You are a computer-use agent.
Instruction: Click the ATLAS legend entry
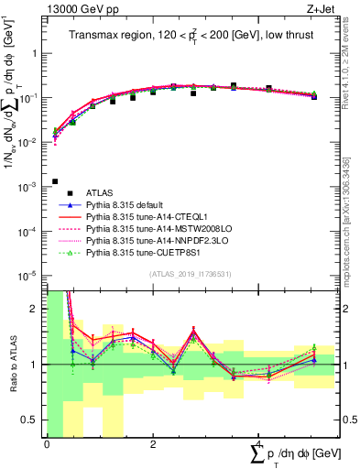pyautogui.click(x=100, y=191)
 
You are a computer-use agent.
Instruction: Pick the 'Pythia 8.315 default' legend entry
pyautogui.click(x=128, y=207)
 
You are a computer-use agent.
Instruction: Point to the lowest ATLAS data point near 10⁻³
pyautogui.click(x=56, y=181)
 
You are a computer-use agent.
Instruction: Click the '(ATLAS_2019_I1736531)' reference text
pyautogui.click(x=189, y=274)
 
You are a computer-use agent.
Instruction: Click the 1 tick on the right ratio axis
pyautogui.click(x=342, y=365)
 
